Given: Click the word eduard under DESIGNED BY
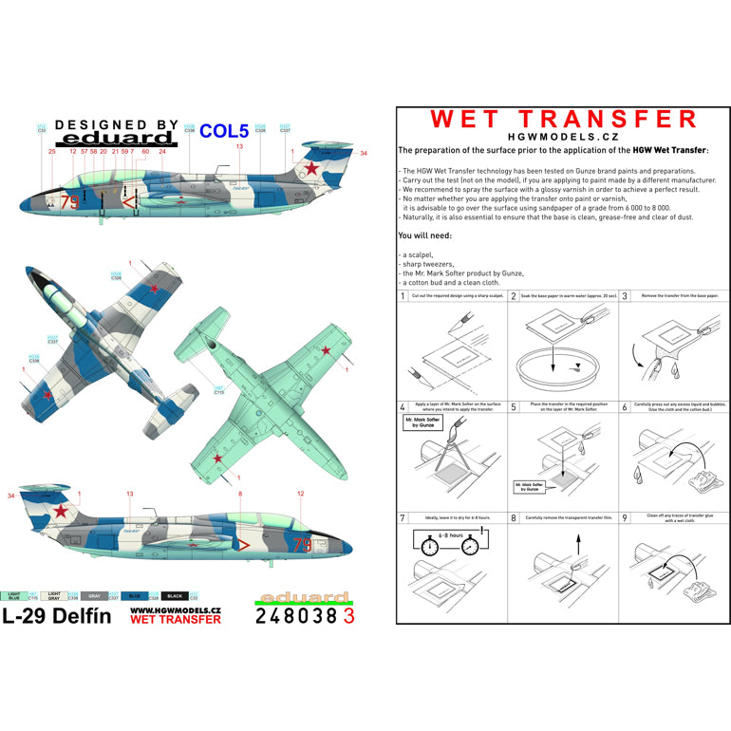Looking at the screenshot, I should coord(117,140).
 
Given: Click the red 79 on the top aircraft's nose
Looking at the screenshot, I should coord(69,201).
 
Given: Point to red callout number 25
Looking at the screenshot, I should coord(52,151).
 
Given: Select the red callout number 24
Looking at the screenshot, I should coord(162,151).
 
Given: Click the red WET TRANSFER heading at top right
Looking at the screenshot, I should coord(564,119).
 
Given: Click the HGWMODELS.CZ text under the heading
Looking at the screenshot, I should coord(564,137).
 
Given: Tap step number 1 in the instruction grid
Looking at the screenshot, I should coord(403,297).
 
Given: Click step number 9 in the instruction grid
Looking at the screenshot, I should coord(625,518).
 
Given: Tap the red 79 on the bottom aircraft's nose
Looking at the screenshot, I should coord(302,545).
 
